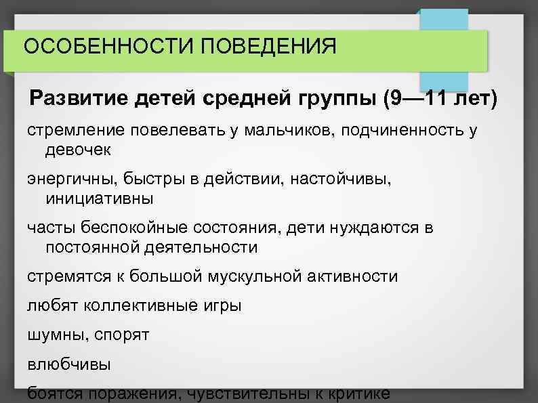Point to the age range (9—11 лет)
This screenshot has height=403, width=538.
pos(439,100)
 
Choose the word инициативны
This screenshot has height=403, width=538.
pos(99,198)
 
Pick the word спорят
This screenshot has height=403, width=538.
pos(122,335)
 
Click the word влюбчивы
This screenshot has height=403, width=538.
pos(68,364)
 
